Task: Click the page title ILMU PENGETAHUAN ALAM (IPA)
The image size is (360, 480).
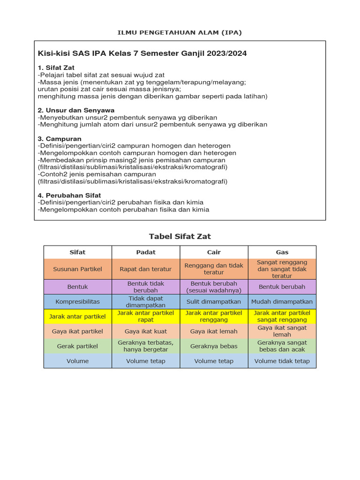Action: click(180, 32)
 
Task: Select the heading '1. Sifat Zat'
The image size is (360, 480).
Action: click(56, 68)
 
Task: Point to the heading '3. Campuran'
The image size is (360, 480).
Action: click(60, 139)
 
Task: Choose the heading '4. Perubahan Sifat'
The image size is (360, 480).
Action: click(69, 195)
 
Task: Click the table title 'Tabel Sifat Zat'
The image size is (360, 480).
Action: click(180, 236)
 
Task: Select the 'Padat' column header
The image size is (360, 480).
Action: click(146, 252)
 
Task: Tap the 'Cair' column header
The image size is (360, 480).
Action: click(214, 252)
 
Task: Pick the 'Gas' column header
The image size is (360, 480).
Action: click(282, 252)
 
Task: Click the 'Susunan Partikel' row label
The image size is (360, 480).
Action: click(78, 269)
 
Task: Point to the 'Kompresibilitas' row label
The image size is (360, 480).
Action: click(78, 301)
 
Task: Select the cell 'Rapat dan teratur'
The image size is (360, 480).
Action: click(146, 269)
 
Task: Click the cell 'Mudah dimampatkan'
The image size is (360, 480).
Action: click(282, 301)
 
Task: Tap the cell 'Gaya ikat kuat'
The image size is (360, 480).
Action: click(146, 331)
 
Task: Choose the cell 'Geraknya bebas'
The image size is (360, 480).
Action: click(214, 346)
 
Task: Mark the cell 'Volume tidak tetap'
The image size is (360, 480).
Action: click(282, 361)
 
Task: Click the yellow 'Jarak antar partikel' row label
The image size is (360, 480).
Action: click(78, 316)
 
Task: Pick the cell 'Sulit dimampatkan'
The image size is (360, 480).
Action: click(214, 301)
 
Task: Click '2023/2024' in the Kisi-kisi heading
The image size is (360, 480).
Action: click(227, 53)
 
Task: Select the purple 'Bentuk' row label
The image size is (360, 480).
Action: click(78, 286)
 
